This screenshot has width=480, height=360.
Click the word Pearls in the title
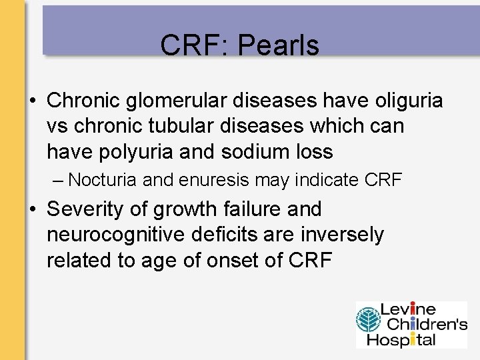pos(278,45)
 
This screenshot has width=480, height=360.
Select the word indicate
pos(318,180)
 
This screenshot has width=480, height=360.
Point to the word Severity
pos(89,209)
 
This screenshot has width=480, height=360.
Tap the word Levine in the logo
pos(407,309)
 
